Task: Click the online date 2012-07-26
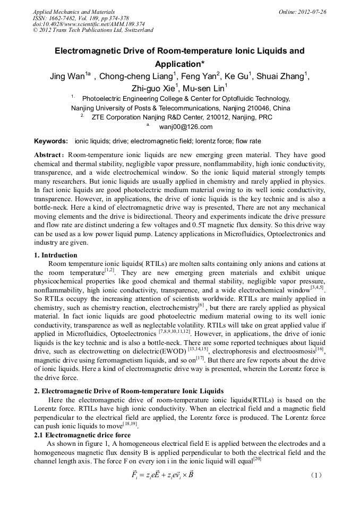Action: [312, 12]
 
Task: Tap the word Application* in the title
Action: [180, 64]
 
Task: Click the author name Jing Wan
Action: [66, 76]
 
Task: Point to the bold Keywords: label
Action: [51, 141]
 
